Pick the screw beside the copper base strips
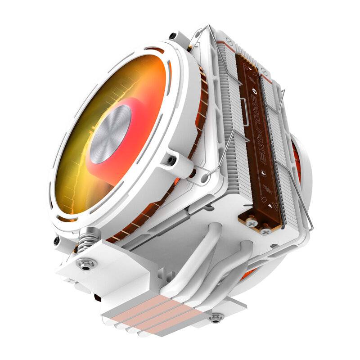pos(217,317)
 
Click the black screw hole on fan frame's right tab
pos(171,160)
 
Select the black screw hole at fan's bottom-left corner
pos(57,241)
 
